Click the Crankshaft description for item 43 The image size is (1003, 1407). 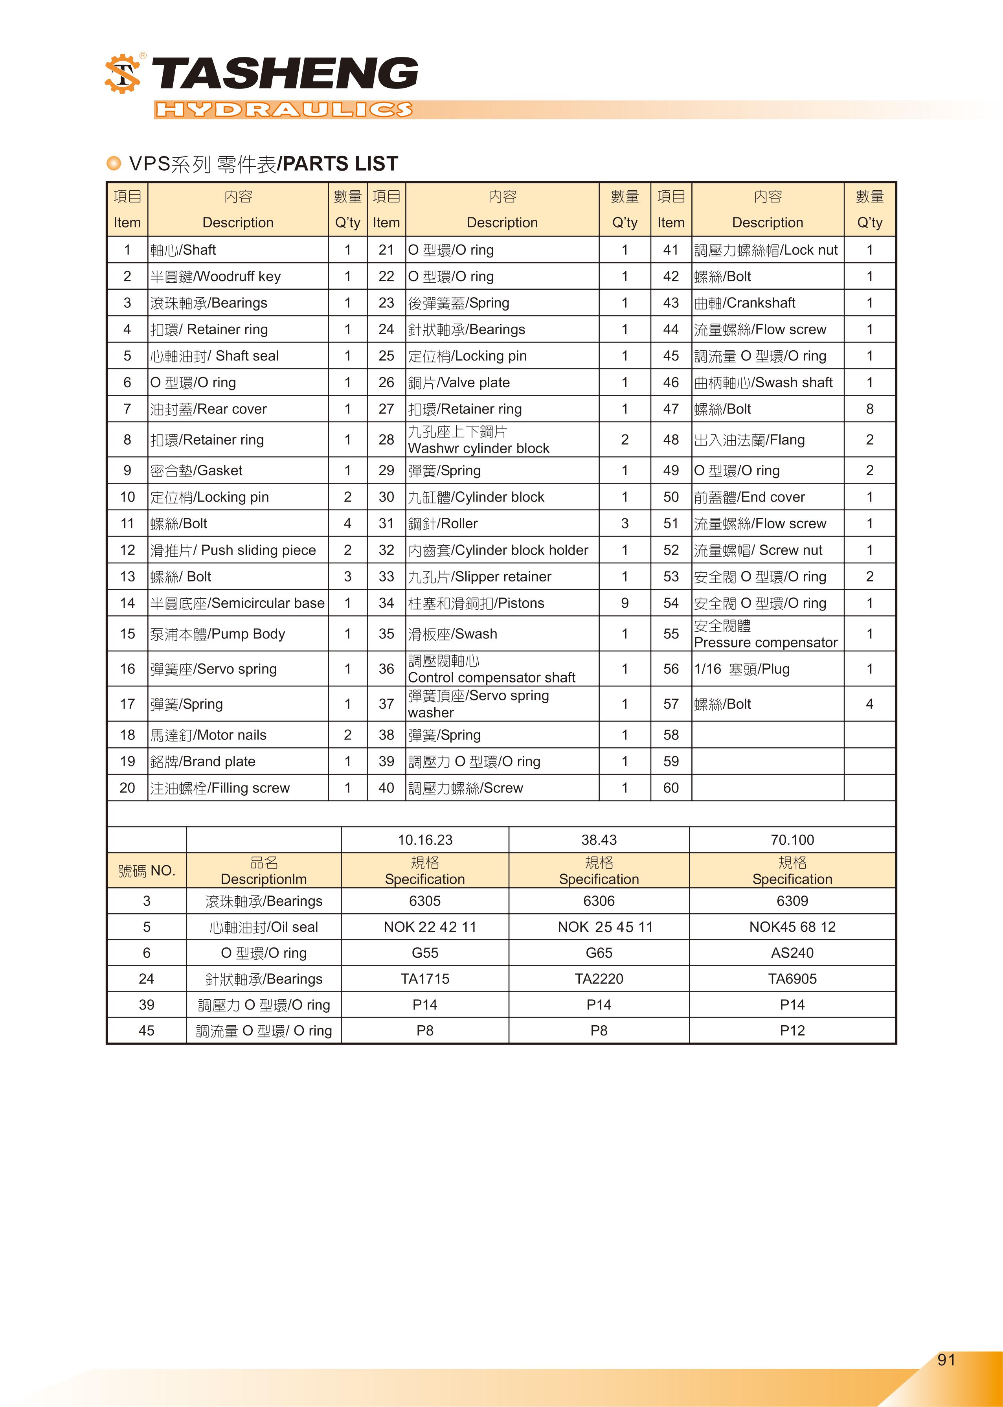[744, 303]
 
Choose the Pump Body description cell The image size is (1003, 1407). [217, 634]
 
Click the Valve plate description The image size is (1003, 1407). [459, 383]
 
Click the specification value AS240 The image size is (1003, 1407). [792, 953]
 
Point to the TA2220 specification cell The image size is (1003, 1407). [599, 978]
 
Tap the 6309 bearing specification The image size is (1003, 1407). [792, 901]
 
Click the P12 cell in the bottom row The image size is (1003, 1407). [792, 1030]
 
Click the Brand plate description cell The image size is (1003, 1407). [202, 761]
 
